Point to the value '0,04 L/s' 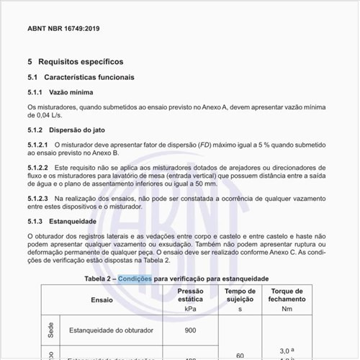tap(42, 115)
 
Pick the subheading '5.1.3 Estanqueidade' tap(68, 220)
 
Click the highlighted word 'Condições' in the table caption tap(135, 278)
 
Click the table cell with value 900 tap(190, 330)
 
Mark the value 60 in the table tap(240, 354)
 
